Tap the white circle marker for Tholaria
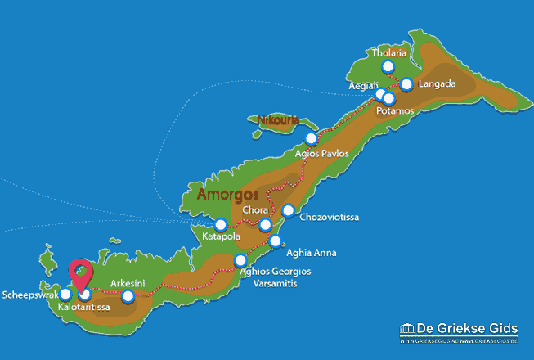point(388,67)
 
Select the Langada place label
point(437,84)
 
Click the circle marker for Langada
point(406,83)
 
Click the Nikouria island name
point(277,121)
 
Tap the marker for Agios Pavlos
point(310,138)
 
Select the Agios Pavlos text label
point(322,153)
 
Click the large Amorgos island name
point(227,196)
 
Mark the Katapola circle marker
point(221,224)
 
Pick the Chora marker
point(264,225)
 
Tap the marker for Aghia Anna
point(276,241)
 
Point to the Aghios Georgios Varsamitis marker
point(240,260)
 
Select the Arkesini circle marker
point(127,296)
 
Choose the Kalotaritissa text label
point(86,308)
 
